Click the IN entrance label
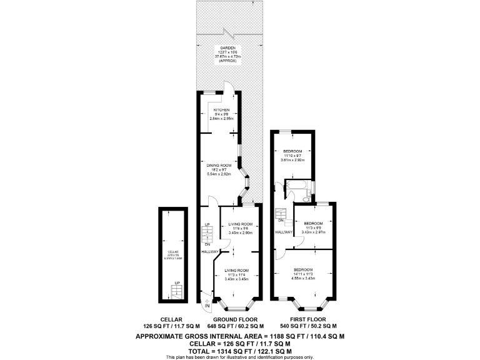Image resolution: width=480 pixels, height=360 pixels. tap(207, 305)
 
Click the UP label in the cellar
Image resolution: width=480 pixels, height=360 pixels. tap(177, 283)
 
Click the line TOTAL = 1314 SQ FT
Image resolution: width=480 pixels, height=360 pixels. tap(239, 350)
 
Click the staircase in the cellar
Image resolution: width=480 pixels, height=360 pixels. tap(177, 290)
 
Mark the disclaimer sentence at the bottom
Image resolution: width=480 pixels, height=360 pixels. tap(239, 357)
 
